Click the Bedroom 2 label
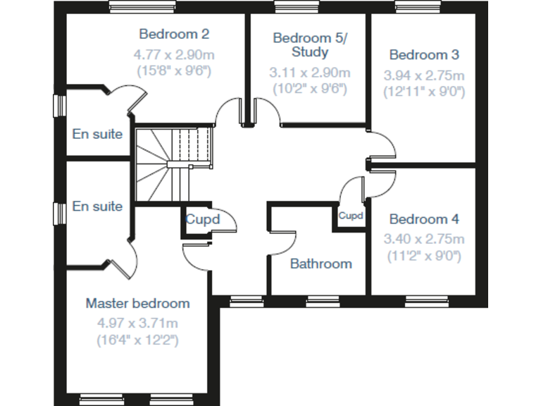(174, 34)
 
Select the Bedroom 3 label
(424, 55)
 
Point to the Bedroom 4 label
(424, 219)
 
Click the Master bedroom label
(137, 304)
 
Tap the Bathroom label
(321, 264)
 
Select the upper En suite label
(97, 134)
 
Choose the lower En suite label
(97, 207)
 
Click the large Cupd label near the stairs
(203, 220)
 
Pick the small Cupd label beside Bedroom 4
(350, 216)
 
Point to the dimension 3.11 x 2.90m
(309, 72)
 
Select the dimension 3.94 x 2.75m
(424, 75)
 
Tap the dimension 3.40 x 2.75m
(424, 239)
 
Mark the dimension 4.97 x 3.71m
(137, 324)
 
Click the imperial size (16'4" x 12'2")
(137, 340)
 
